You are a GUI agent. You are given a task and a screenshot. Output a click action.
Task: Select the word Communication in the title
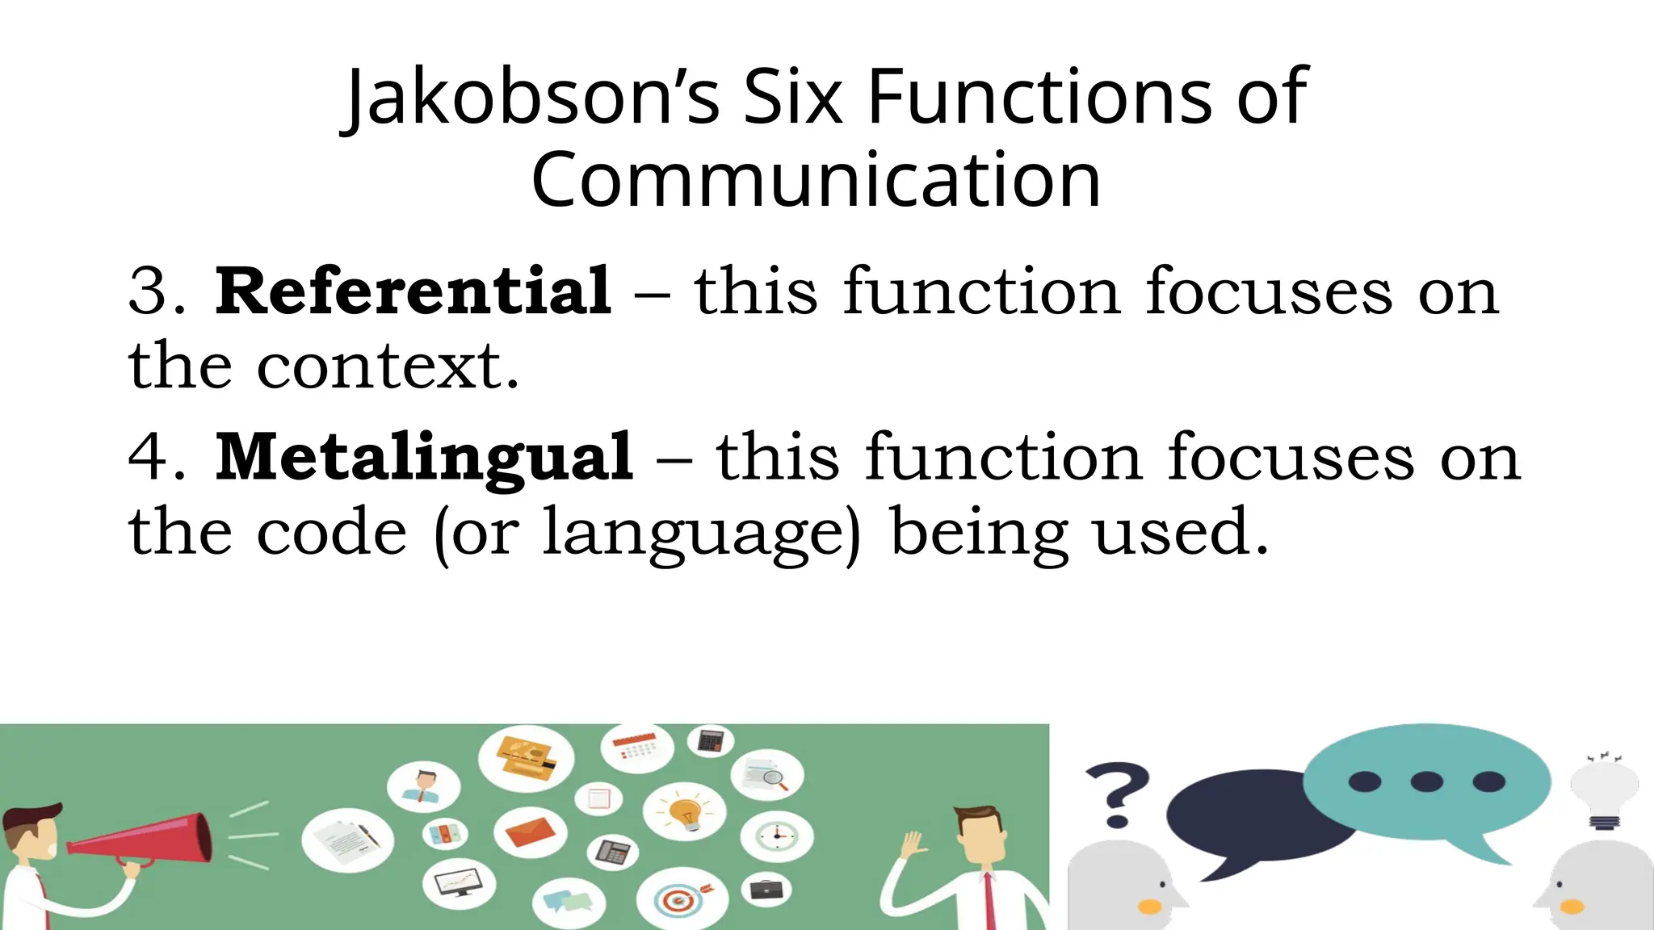point(816,179)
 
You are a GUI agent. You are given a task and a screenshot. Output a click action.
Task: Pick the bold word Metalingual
point(424,458)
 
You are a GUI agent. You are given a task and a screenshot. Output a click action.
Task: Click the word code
point(332,533)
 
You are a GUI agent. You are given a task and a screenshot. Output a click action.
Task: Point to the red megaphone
point(145,840)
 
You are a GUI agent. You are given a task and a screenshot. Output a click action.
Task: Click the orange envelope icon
point(530,831)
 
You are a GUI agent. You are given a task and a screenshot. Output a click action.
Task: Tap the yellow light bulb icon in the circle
point(685,811)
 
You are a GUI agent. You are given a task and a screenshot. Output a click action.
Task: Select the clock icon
point(777,835)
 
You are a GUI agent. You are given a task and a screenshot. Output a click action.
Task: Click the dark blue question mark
point(1117,795)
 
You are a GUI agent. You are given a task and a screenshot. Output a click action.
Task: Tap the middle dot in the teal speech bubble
point(1426,781)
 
